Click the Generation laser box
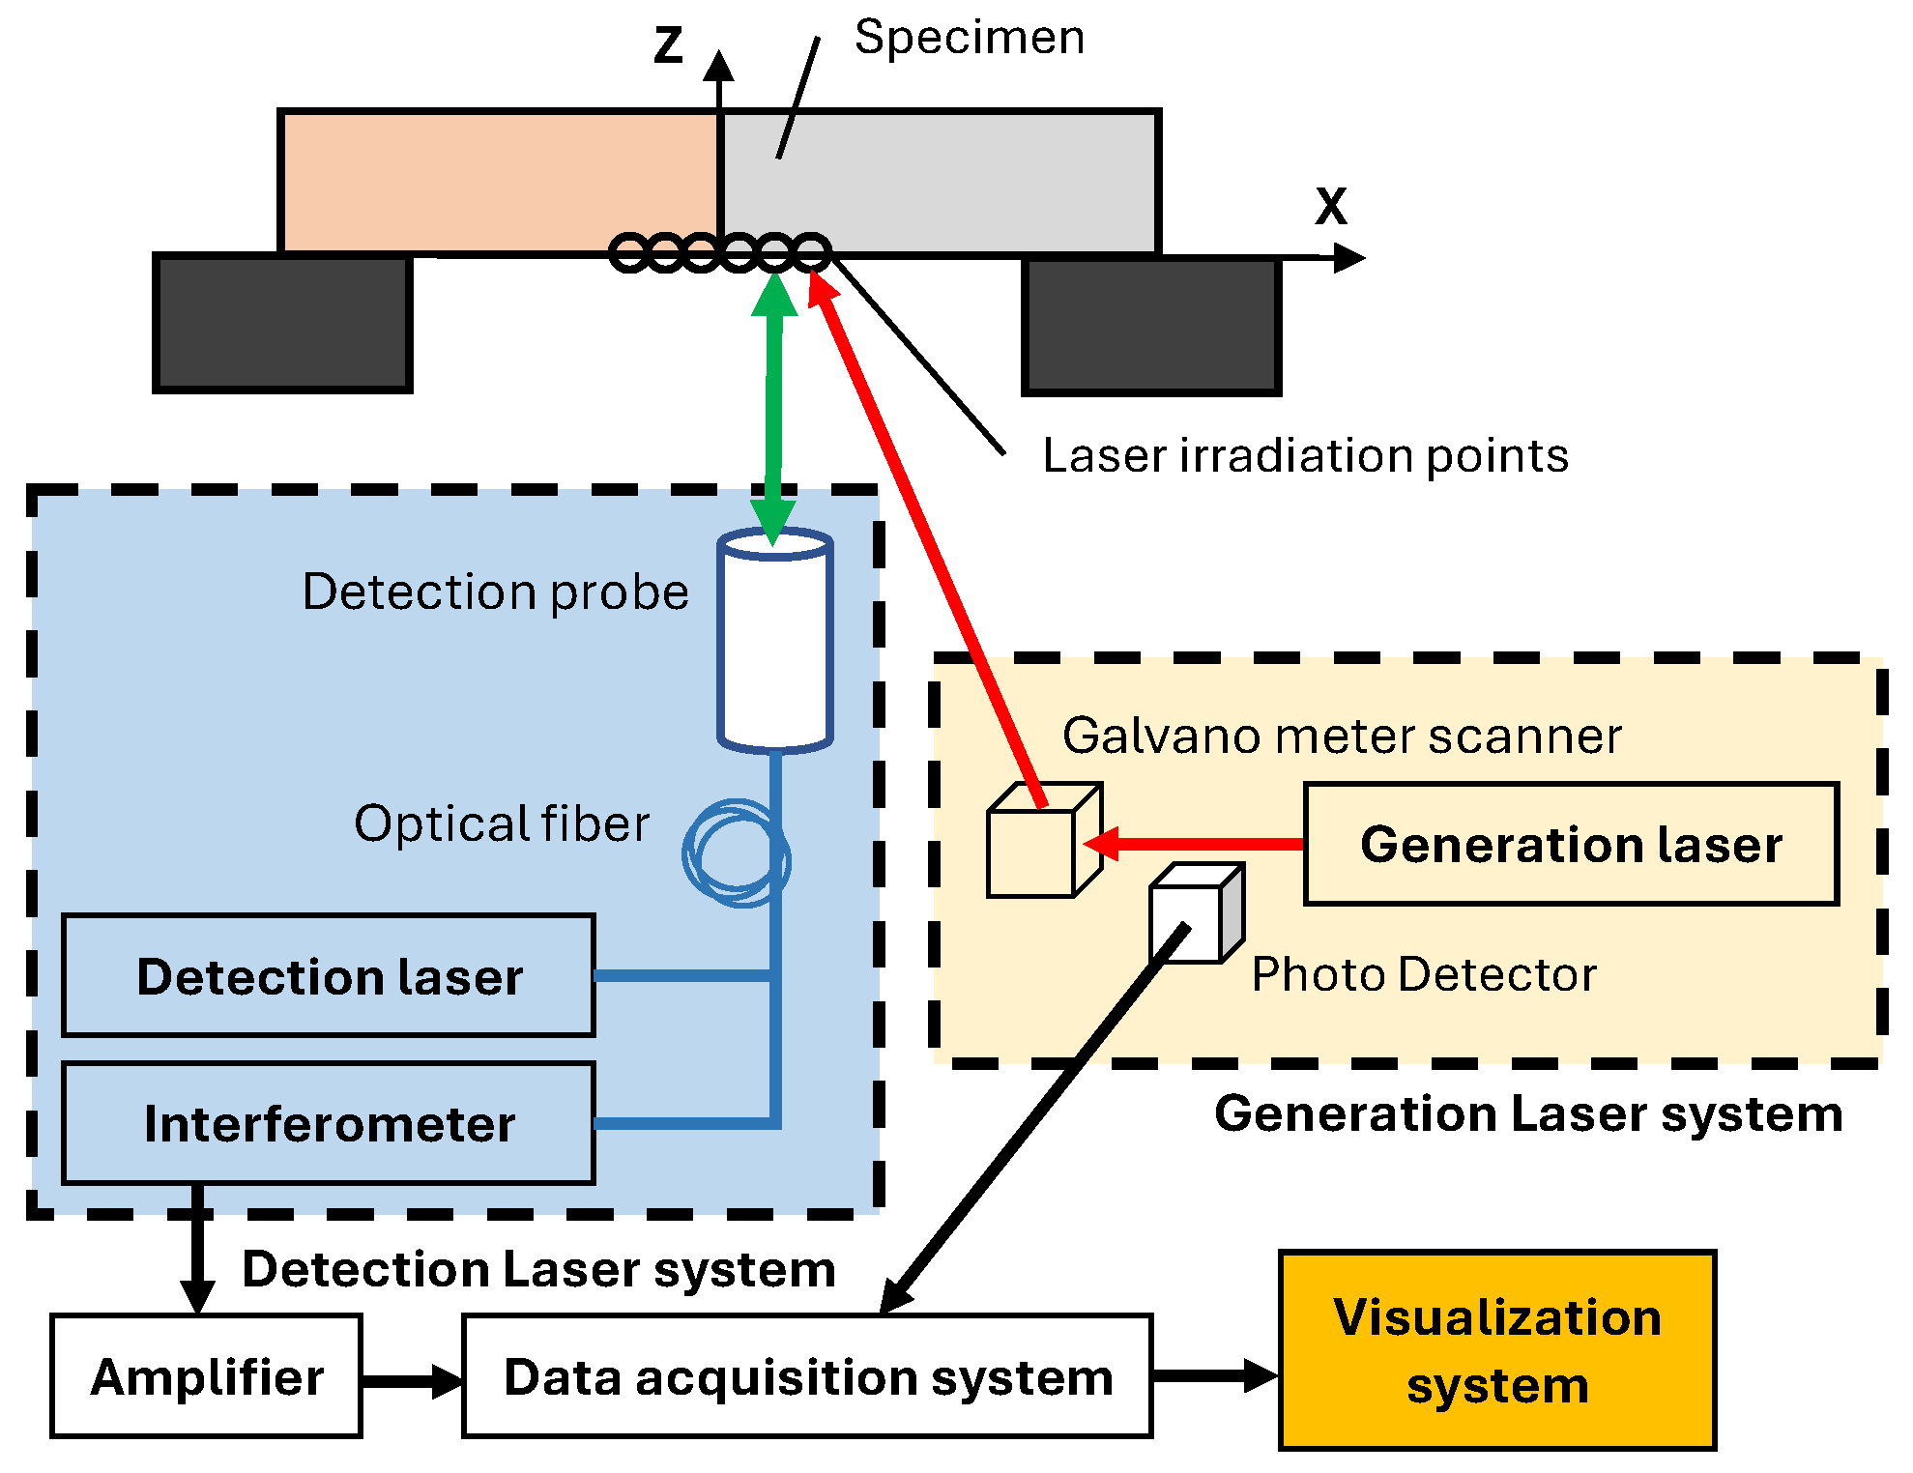point(1570,844)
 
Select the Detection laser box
point(329,975)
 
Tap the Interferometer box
point(329,1123)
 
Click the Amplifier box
point(206,1375)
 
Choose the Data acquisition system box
point(807,1375)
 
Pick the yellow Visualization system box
point(1496,1350)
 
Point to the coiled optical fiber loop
point(736,852)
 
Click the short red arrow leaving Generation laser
point(1199,844)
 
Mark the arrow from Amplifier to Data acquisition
point(412,1380)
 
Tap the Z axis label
point(668,45)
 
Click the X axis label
point(1330,206)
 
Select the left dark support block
point(282,323)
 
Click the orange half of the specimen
point(498,182)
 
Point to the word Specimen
point(970,38)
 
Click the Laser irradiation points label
point(1305,455)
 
